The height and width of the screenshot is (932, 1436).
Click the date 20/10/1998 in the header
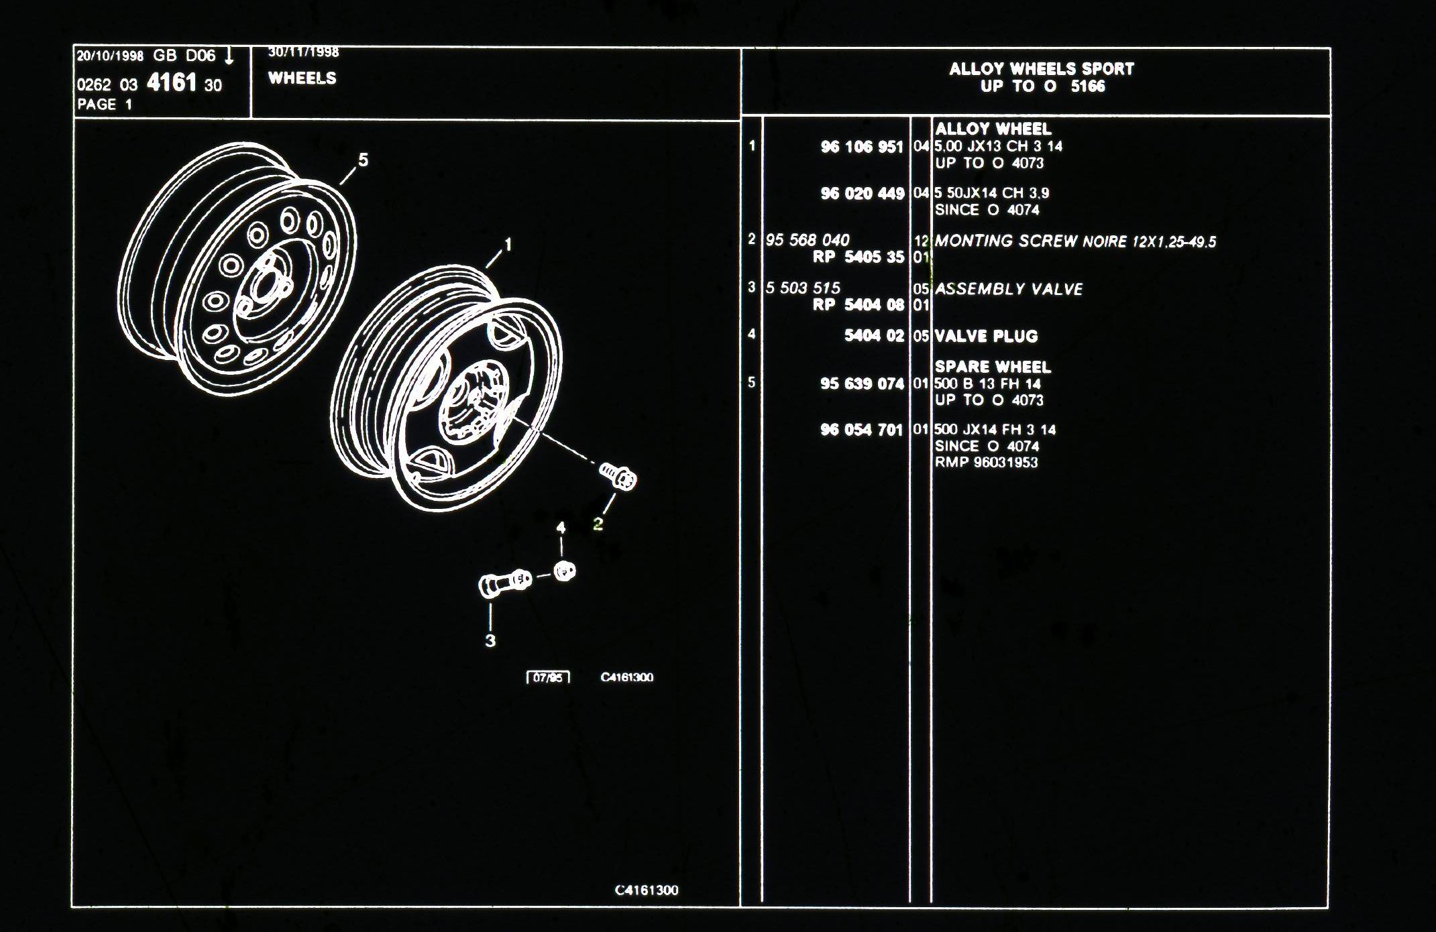[110, 56]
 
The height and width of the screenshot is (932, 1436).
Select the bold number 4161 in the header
[172, 83]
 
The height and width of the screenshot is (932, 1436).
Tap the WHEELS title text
[302, 78]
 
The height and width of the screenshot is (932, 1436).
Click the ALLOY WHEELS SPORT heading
[1042, 68]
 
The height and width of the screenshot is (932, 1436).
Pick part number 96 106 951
[863, 147]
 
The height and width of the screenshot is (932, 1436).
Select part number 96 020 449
[863, 194]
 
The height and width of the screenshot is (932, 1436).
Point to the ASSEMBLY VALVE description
[1009, 289]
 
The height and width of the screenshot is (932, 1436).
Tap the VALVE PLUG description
[987, 336]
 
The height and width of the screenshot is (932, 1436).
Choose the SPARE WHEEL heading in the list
[993, 367]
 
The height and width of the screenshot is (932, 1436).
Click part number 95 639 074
[863, 384]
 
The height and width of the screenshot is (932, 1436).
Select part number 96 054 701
[862, 430]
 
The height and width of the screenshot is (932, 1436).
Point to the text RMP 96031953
[987, 462]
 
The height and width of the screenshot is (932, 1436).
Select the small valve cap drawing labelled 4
[565, 571]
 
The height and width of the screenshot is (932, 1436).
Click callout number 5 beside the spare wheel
[363, 160]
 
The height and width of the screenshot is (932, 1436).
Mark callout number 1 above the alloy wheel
[508, 245]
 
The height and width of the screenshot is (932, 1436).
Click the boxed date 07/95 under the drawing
[548, 677]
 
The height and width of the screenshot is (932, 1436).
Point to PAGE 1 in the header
[105, 105]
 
